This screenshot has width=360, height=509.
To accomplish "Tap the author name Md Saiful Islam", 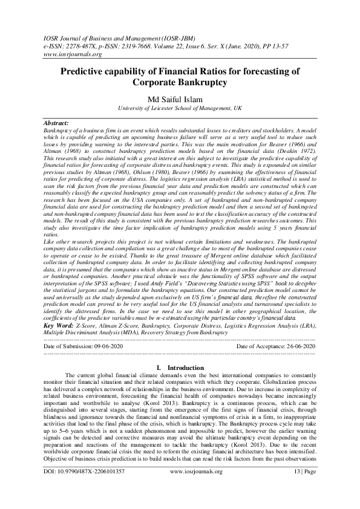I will click(x=180, y=100).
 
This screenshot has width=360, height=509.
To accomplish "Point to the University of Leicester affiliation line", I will click(x=180, y=109).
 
